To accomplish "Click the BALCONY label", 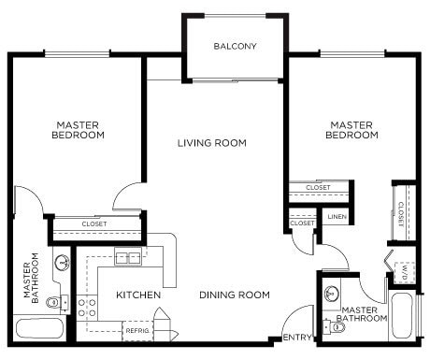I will tap(235, 47).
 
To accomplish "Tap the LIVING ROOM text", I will tap(212, 143).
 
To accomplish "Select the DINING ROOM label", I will tap(235, 295).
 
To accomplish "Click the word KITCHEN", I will tap(138, 295).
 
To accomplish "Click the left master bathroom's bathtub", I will tap(39, 329).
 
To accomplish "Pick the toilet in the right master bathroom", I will tap(327, 326).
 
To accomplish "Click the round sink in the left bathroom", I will tap(62, 263).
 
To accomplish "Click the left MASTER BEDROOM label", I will tap(79, 129).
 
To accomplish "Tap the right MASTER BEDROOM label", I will tap(351, 129).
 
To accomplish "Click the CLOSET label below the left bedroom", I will tap(93, 224).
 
